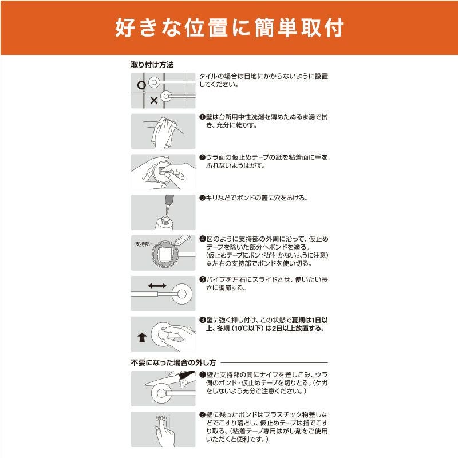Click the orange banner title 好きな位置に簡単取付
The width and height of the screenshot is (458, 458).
(x=230, y=28)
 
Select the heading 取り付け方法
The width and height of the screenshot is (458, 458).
(x=152, y=65)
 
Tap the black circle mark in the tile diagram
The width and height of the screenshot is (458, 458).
(x=141, y=85)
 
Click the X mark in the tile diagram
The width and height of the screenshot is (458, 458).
(x=154, y=101)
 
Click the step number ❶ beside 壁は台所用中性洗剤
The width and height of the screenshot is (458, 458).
(x=202, y=117)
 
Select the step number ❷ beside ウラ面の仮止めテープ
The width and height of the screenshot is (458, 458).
(x=202, y=158)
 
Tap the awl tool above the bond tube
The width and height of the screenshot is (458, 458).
(x=169, y=204)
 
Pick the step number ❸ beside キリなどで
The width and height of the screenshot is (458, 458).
(x=202, y=198)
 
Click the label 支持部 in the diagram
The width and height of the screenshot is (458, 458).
(x=142, y=244)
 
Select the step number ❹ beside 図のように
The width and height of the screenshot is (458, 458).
(x=203, y=239)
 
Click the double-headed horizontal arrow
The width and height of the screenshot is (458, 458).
(x=157, y=286)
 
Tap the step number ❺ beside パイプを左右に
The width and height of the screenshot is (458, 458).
(x=203, y=279)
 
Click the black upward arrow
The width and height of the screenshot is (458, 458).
(x=142, y=337)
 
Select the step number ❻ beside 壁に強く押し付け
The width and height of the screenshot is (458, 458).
(x=203, y=320)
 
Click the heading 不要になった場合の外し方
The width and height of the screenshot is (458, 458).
(x=173, y=363)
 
